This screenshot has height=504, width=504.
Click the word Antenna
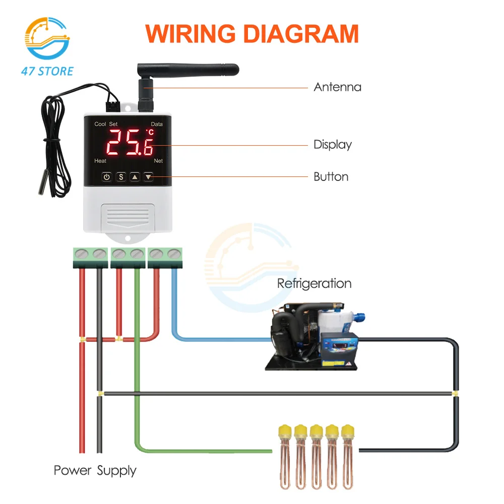[337, 87]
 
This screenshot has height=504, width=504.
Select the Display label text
[333, 145]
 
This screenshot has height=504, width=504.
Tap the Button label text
[331, 177]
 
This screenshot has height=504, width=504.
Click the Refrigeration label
[314, 283]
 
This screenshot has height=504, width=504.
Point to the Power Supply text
[95, 471]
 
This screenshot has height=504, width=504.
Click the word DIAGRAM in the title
[297, 34]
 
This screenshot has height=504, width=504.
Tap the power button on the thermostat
[106, 177]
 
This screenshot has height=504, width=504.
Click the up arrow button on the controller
[135, 177]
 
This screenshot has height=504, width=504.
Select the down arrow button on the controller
[148, 177]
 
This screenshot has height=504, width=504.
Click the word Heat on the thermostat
[100, 161]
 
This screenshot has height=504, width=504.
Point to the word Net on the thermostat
[158, 161]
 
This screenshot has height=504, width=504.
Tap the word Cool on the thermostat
[100, 124]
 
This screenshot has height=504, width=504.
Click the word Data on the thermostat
[157, 124]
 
